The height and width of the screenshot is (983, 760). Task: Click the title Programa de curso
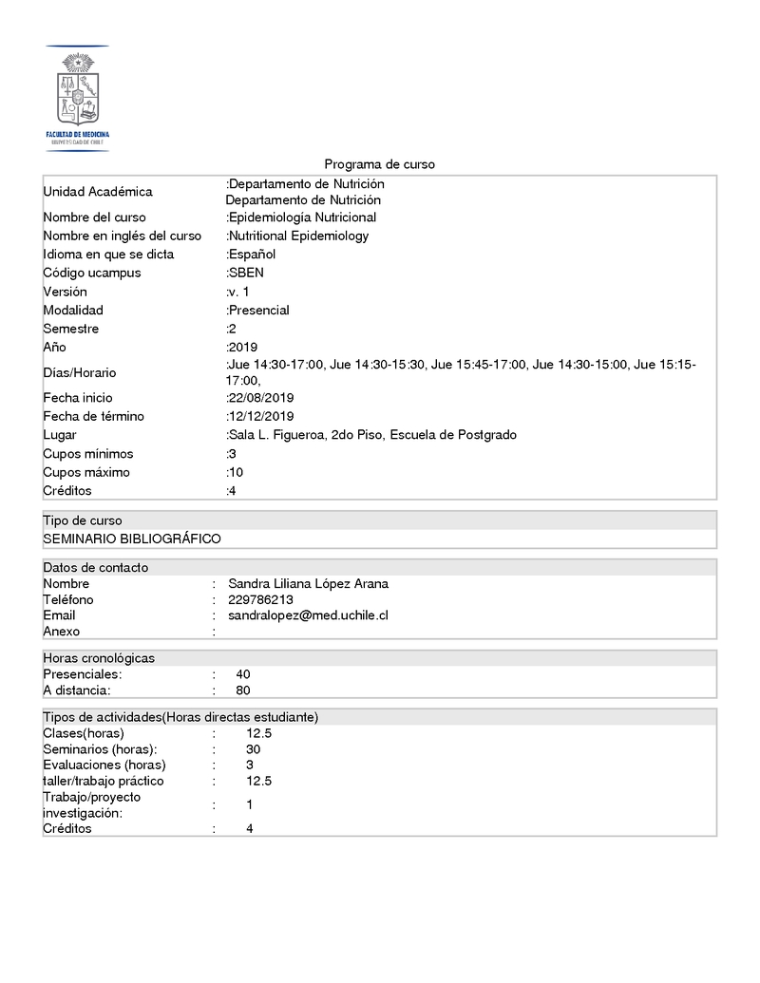tap(379, 164)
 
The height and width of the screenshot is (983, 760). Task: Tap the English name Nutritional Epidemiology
tap(298, 236)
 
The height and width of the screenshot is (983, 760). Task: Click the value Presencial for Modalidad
tap(258, 310)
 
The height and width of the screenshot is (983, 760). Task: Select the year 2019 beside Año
tap(242, 347)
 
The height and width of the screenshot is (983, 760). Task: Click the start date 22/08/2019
tap(260, 398)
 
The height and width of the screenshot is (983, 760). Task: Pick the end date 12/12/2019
tap(260, 416)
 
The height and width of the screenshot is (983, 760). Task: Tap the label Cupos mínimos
tap(88, 453)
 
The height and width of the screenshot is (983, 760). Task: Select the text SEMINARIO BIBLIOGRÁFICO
tap(132, 539)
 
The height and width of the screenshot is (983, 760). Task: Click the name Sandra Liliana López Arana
tap(308, 583)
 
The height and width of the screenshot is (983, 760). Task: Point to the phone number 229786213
tap(260, 599)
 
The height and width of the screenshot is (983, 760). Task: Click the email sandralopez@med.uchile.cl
tap(308, 615)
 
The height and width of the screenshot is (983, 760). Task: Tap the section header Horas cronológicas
tap(99, 657)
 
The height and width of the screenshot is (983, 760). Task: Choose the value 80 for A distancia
tap(243, 690)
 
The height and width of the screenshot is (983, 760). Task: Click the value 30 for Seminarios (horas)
tap(253, 749)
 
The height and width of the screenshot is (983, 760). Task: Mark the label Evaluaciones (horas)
tap(104, 765)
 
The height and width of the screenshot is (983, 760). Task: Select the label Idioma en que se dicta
tap(108, 255)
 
